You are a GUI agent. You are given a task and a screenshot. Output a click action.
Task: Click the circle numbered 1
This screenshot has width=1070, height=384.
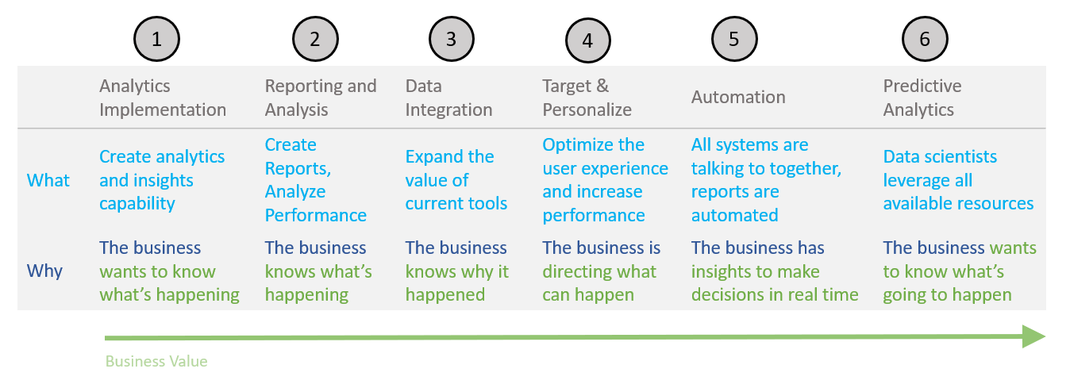pos(156,39)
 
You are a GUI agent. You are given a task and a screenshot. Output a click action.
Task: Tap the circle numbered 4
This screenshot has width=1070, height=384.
pos(587,40)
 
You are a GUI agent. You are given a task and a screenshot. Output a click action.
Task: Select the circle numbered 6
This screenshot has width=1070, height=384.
pos(925,39)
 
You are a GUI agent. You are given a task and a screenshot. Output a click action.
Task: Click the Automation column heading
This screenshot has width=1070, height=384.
pos(738,98)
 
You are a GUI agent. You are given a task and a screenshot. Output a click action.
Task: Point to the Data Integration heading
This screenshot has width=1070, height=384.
pos(448,98)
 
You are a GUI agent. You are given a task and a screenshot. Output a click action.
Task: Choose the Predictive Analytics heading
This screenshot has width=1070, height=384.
pos(922,98)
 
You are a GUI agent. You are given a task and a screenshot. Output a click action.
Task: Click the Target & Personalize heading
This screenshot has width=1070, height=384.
pos(587,98)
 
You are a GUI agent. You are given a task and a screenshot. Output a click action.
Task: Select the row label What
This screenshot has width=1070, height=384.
pos(48,181)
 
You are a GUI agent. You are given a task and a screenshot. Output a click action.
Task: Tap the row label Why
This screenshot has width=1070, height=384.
pos(44,271)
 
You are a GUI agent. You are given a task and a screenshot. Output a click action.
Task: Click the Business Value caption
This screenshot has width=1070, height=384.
pos(156,361)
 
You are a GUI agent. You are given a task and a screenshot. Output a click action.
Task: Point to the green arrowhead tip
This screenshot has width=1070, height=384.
pos(1045,336)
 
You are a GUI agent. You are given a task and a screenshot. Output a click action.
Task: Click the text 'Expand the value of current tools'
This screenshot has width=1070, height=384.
pos(456,180)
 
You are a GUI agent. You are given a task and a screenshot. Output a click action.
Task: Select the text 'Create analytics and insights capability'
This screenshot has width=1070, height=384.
pos(162,180)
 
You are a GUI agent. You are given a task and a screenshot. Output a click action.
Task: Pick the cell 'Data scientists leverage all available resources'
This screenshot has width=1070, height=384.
pos(958,180)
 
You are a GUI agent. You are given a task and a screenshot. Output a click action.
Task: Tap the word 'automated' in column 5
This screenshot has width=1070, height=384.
pos(735,215)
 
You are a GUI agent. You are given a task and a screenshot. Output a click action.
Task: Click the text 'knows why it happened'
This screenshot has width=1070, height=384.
pos(457,283)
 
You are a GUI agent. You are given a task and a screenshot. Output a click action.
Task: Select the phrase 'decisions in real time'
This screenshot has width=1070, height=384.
pos(775,294)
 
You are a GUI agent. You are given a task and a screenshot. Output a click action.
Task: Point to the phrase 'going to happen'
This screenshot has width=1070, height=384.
pos(947,295)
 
